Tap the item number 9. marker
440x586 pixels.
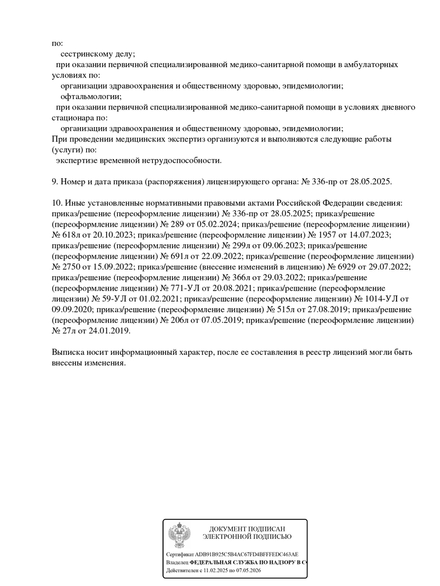(x=54, y=182)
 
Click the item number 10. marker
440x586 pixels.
(x=57, y=203)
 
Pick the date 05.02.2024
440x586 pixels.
(x=216, y=224)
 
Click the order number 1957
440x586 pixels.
(x=328, y=235)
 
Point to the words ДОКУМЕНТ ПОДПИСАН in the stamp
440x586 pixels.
(x=247, y=528)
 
